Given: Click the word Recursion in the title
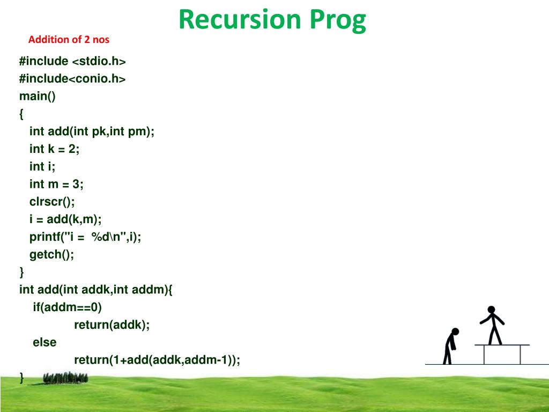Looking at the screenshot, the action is coord(240,19).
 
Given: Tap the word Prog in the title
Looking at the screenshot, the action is coord(338,21).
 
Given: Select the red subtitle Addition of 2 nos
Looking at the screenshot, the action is coord(69,39).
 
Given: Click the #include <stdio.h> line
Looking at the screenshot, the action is coord(72,61).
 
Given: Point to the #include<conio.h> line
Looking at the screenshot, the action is coord(72,78).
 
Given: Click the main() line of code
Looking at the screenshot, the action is coord(38,96).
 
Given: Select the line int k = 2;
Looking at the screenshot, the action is coord(54,149).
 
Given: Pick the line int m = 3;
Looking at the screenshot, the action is coord(56,184).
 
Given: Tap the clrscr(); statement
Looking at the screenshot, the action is coord(52,202).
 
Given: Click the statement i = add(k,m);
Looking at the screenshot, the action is coord(65,219).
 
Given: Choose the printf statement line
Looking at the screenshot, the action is coord(85,237).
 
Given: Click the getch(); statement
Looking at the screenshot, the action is coord(52,254).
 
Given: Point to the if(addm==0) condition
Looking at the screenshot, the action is coord(67,307).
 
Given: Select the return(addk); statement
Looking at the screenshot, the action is coord(112,325).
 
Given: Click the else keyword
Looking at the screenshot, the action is coord(44,342).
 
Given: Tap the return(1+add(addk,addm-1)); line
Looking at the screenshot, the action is coord(157,360).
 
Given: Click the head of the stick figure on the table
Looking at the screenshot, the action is coord(491,310).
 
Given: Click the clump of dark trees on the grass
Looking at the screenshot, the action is coord(65,378).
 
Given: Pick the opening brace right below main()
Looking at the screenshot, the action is coord(21,114).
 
